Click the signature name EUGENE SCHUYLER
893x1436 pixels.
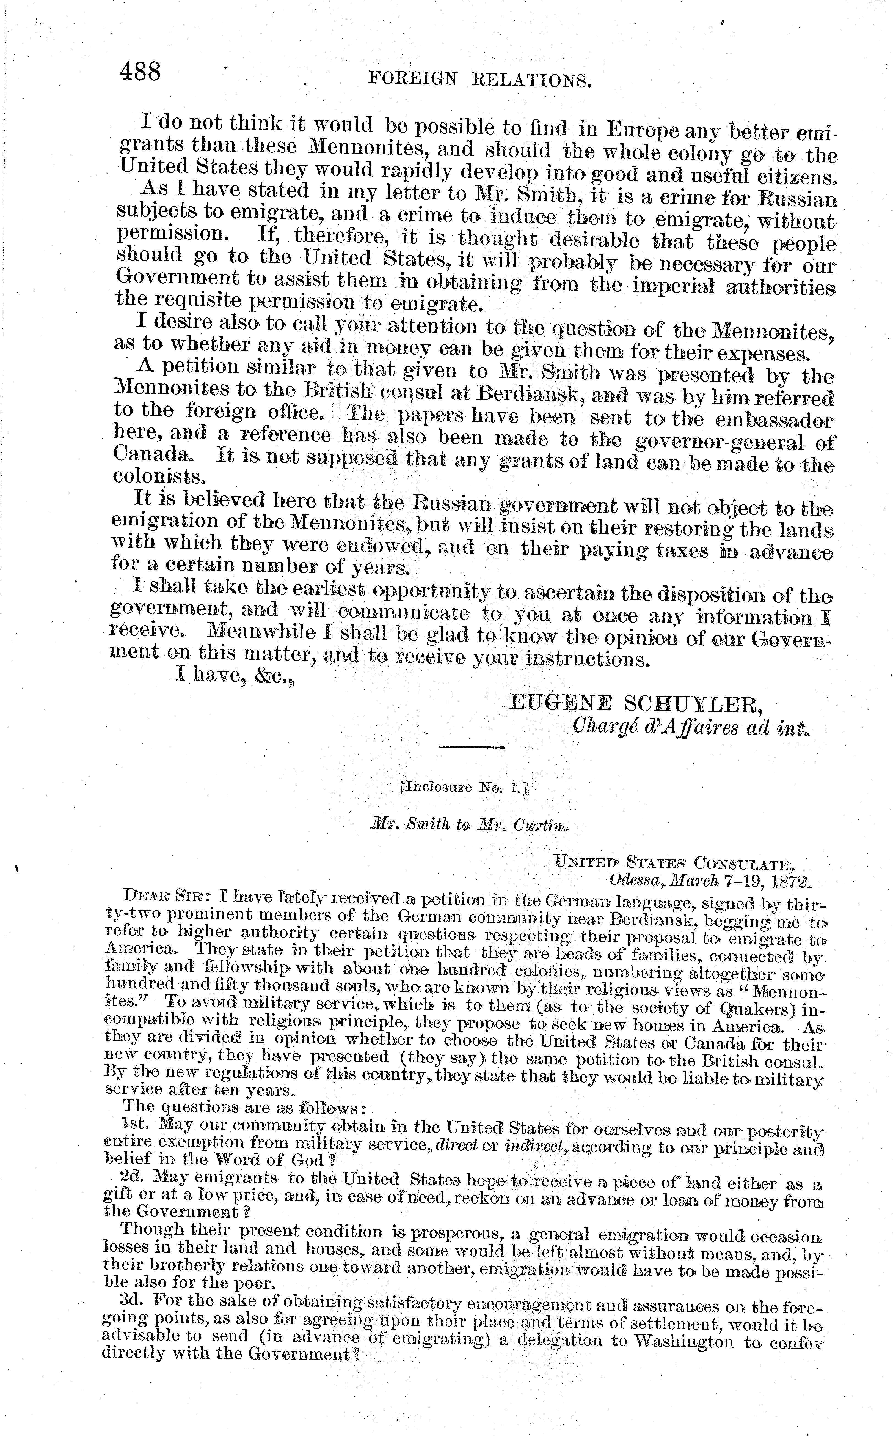click(635, 703)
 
